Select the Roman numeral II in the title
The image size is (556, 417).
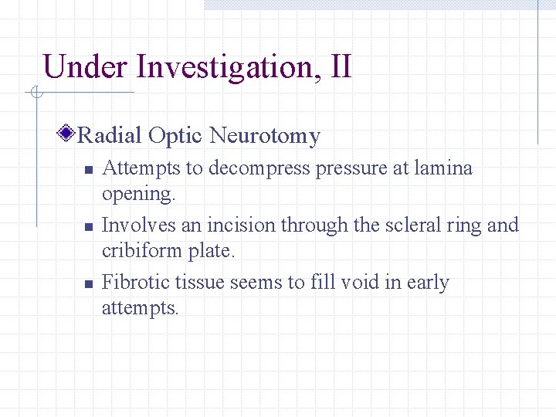tap(340, 67)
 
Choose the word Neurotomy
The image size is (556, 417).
tap(264, 137)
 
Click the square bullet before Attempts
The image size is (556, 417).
tap(89, 170)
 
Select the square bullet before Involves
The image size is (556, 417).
tap(89, 227)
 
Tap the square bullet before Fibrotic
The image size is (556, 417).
tap(89, 284)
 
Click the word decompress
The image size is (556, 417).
tap(257, 169)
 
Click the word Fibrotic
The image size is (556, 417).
tap(134, 283)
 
